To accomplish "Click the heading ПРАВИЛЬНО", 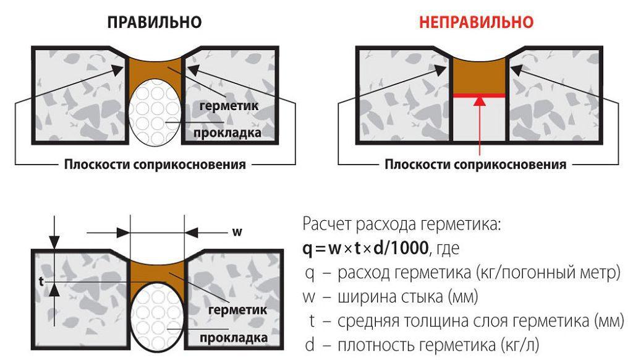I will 155,23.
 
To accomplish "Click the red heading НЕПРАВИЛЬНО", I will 476,23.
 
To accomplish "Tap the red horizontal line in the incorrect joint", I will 480,95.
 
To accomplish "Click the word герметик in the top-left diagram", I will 229,106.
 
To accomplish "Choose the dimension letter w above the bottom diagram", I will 236,232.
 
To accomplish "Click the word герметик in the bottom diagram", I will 238,309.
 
